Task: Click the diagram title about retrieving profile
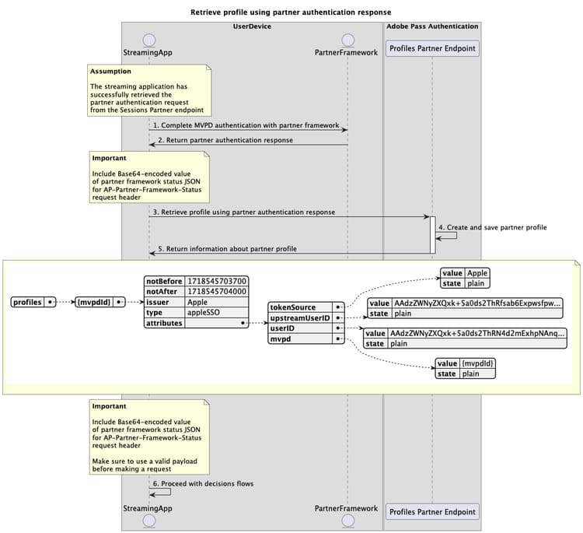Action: click(291, 12)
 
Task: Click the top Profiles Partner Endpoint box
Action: click(432, 48)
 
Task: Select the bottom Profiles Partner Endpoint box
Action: click(432, 511)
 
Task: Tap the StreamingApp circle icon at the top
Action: click(149, 39)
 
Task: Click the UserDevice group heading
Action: click(252, 26)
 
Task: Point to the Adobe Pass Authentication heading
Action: click(432, 26)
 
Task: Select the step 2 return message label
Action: click(225, 140)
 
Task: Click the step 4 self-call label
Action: click(493, 227)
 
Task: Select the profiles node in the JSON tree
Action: click(27, 302)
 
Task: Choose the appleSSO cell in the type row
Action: click(201, 312)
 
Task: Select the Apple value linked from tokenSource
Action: click(477, 273)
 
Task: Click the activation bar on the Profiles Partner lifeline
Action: click(432, 234)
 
